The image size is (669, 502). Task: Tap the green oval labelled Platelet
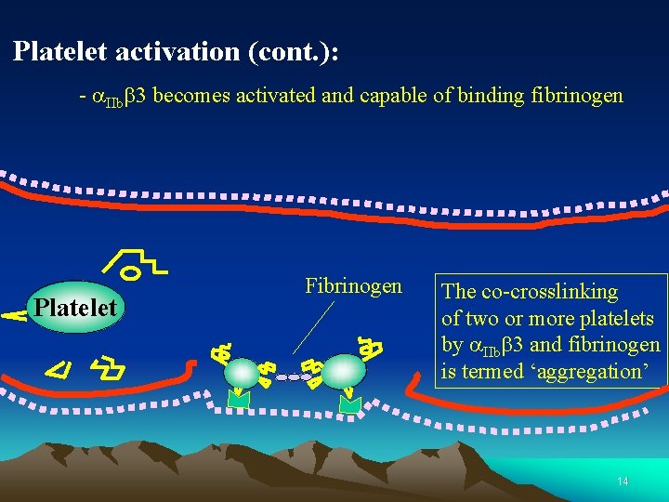coord(74,308)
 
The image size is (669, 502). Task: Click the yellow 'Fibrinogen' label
coord(353,286)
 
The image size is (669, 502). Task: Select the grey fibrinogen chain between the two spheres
coord(294,377)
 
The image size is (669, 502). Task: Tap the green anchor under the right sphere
coord(351,403)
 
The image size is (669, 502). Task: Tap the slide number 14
coord(622,482)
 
